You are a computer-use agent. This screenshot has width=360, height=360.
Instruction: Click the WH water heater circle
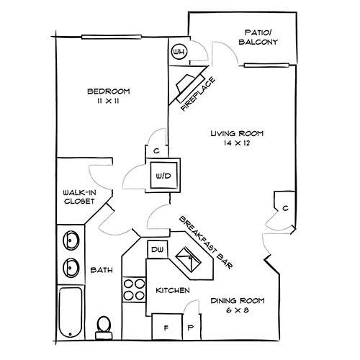(179, 52)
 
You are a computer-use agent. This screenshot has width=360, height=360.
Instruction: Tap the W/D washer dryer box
(163, 176)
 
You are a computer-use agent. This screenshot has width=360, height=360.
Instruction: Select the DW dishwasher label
(158, 250)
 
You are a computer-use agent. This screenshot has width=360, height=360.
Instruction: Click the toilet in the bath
(104, 328)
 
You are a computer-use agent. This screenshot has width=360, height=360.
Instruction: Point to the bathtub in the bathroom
(71, 312)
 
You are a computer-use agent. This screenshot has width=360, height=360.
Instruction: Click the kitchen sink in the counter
(189, 259)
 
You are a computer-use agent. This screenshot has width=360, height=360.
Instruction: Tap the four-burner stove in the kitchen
(134, 290)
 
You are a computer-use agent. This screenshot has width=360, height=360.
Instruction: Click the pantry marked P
(191, 327)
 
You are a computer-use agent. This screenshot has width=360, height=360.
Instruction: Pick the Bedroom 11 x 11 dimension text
(108, 101)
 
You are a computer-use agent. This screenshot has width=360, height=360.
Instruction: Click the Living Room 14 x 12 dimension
(237, 143)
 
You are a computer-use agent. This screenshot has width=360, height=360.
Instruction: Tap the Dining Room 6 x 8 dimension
(237, 310)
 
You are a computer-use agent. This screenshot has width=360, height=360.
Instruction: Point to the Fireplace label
(198, 94)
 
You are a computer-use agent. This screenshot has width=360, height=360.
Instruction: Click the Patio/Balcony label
(258, 37)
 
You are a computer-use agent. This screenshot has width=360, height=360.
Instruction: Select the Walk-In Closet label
(79, 197)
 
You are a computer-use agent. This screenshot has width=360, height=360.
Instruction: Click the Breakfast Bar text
(206, 243)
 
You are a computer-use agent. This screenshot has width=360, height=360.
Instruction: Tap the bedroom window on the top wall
(112, 37)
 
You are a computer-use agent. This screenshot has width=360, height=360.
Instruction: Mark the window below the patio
(266, 65)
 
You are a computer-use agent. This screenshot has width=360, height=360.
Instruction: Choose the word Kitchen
(173, 290)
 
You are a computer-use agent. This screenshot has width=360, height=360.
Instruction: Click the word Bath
(102, 270)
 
